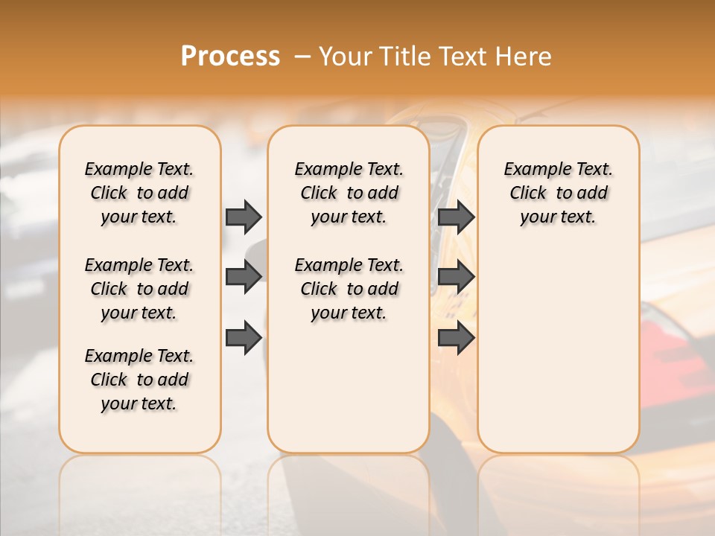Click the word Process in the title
230,57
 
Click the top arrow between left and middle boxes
244,217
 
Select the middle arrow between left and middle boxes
244,277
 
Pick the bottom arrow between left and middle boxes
244,337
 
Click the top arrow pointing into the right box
456,217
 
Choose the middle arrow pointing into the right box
456,277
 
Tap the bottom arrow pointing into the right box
456,337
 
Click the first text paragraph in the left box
139,193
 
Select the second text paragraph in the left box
139,289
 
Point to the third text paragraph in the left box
139,380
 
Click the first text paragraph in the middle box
349,193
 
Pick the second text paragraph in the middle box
349,289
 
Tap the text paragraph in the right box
558,193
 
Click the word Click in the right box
528,193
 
